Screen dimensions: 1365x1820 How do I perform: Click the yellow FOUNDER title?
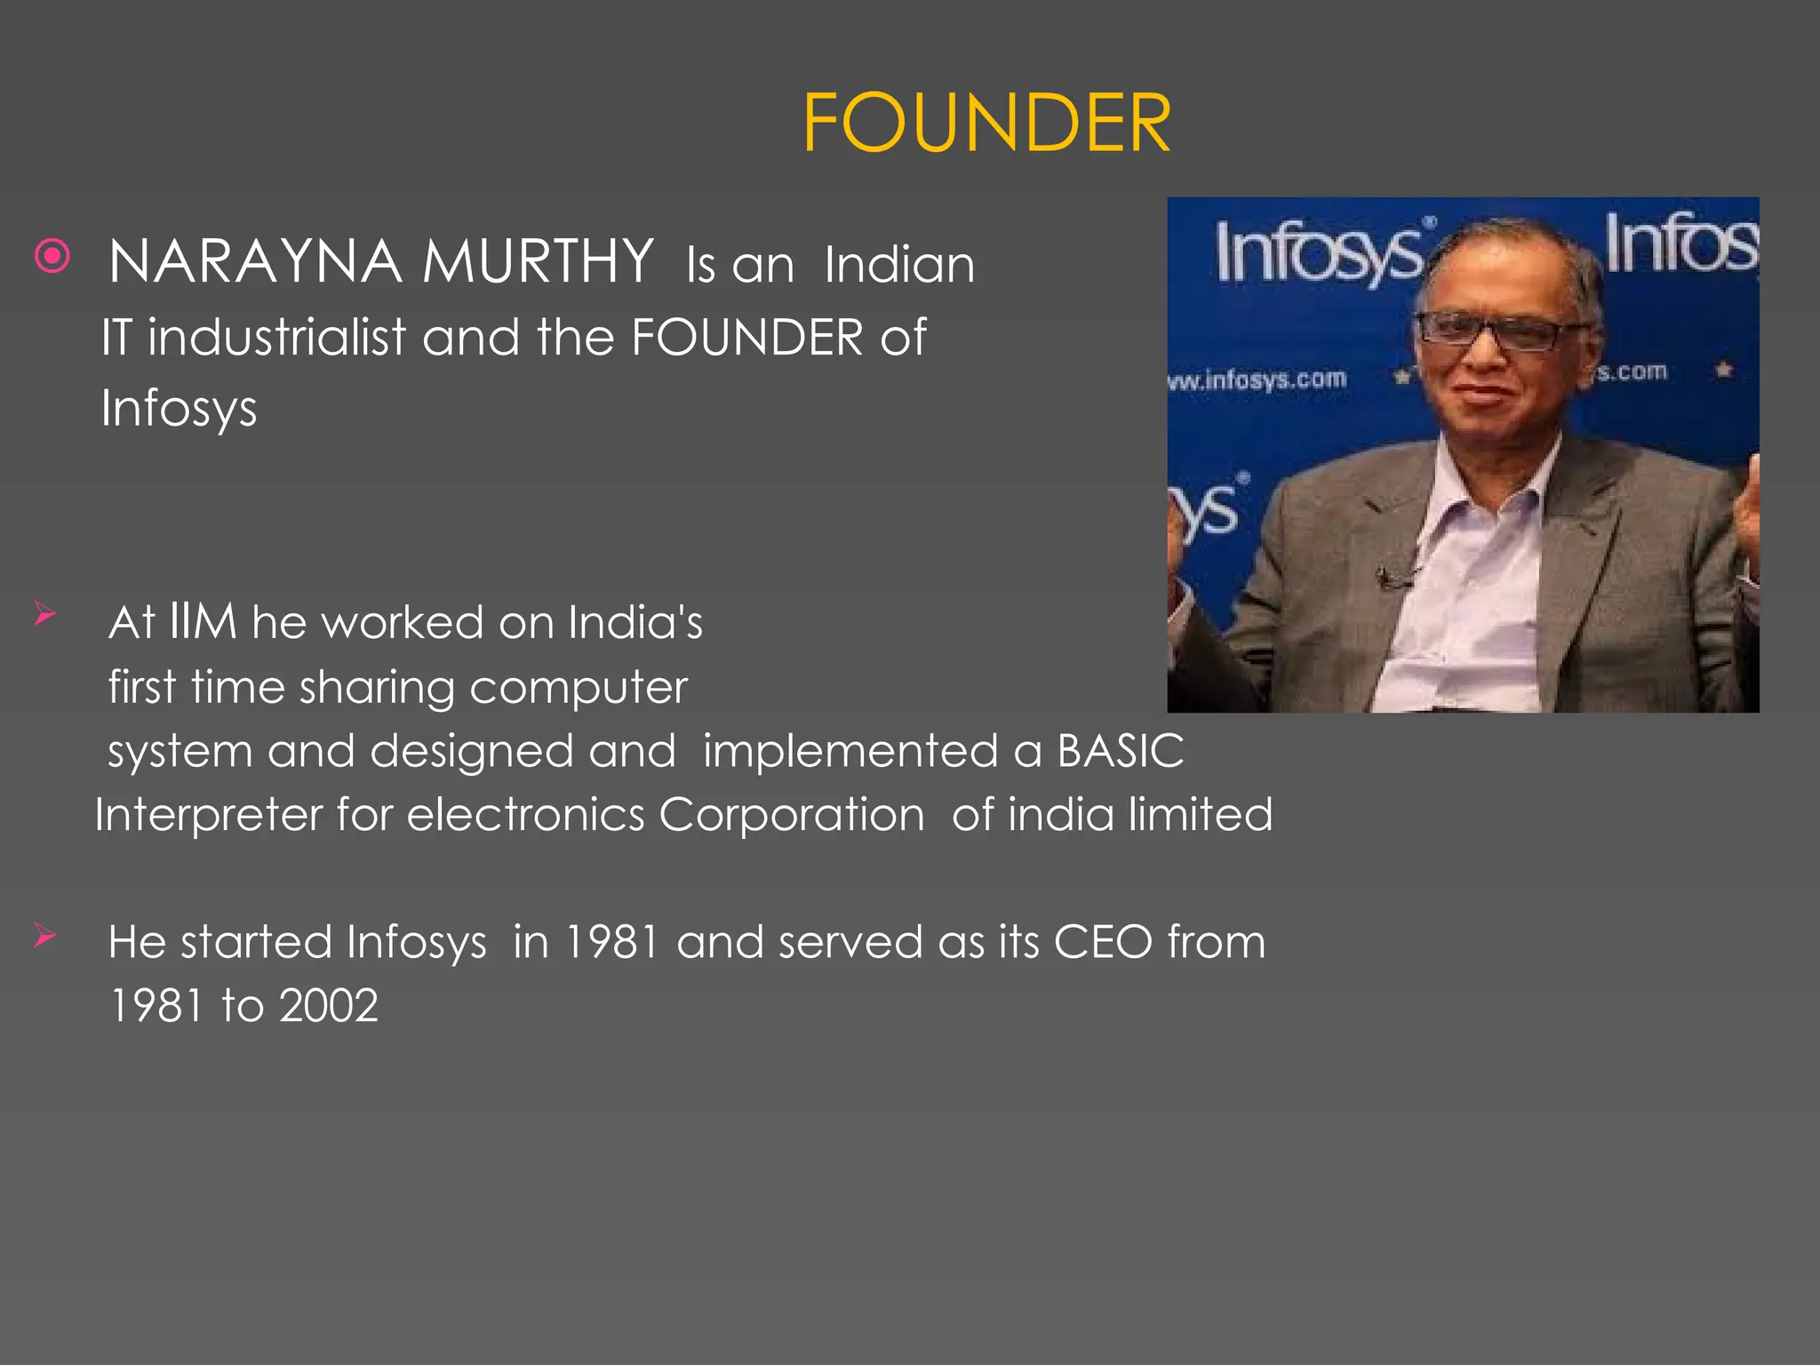[986, 124]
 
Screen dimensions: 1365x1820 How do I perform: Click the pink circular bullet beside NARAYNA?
[52, 257]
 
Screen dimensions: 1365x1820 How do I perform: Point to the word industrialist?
[276, 338]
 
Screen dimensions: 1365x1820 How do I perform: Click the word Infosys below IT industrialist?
[179, 409]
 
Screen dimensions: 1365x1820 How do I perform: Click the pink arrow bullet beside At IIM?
[45, 613]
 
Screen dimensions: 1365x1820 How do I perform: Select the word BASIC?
[1120, 751]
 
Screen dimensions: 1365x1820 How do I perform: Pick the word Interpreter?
[208, 815]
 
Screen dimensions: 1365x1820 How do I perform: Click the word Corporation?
[791, 815]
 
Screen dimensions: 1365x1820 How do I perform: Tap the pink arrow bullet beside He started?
[45, 935]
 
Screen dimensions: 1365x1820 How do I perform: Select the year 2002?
[329, 1006]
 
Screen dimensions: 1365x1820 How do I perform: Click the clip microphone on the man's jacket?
[1391, 579]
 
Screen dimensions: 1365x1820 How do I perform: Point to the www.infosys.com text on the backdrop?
[1257, 380]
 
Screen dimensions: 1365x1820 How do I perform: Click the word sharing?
[376, 688]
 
